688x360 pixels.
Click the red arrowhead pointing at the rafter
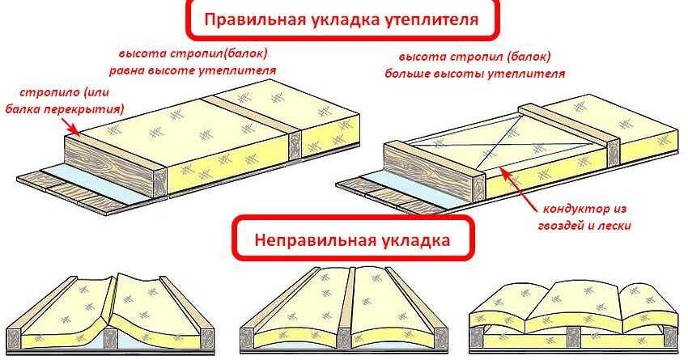pyautogui.click(x=75, y=129)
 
